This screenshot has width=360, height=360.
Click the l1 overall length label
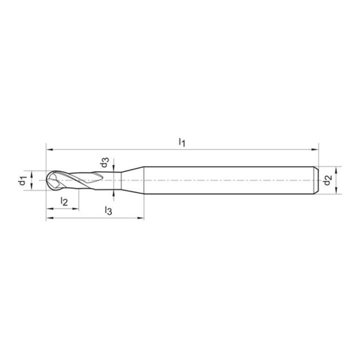(182, 142)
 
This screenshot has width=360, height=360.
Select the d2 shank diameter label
(327, 180)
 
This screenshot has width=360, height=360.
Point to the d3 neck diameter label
(104, 162)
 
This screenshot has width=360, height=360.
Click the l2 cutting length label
(64, 201)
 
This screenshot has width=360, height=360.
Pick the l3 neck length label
(108, 210)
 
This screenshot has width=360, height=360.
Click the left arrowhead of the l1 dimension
(49, 149)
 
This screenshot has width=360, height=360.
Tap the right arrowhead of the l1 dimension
(315, 149)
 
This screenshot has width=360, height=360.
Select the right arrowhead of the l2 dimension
(75, 208)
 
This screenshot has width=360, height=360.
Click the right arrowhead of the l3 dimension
(140, 218)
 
